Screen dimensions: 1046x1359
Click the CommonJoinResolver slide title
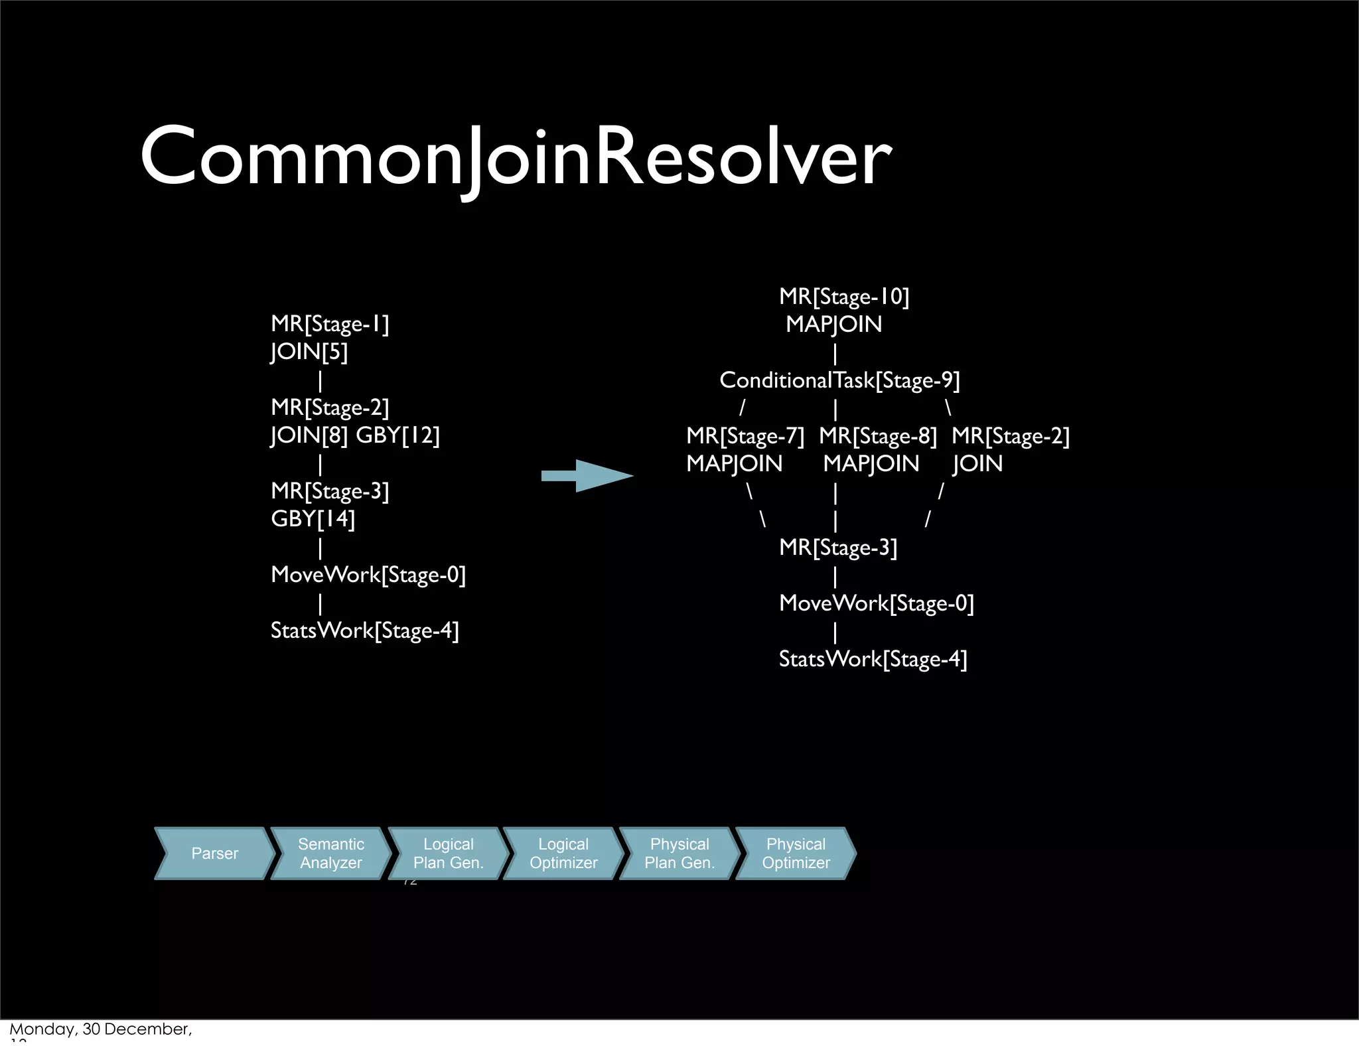click(x=516, y=157)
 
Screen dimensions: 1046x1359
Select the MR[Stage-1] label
click(x=330, y=324)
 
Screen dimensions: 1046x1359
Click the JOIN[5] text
click(x=309, y=352)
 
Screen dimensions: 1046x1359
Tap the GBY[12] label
click(x=398, y=435)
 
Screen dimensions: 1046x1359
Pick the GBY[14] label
click(x=313, y=519)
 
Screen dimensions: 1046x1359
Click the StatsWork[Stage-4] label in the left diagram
click(x=364, y=631)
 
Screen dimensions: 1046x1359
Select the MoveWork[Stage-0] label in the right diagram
click(x=876, y=603)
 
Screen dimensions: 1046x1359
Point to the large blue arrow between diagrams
click(x=587, y=475)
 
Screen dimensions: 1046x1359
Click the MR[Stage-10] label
click(x=844, y=297)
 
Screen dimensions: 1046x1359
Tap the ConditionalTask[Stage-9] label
click(x=839, y=380)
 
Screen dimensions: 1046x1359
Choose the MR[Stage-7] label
click(x=745, y=436)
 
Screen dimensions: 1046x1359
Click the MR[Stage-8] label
click(x=877, y=436)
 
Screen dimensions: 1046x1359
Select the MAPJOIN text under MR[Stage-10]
click(x=833, y=325)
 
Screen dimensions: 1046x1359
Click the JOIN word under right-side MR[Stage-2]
click(x=977, y=464)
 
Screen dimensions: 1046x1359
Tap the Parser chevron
click(x=214, y=854)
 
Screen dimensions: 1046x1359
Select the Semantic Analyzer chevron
click(x=330, y=854)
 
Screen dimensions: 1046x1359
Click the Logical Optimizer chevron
click(x=563, y=854)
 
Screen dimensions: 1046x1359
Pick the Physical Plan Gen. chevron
click(x=679, y=854)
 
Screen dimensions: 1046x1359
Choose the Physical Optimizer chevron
click(x=796, y=854)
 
